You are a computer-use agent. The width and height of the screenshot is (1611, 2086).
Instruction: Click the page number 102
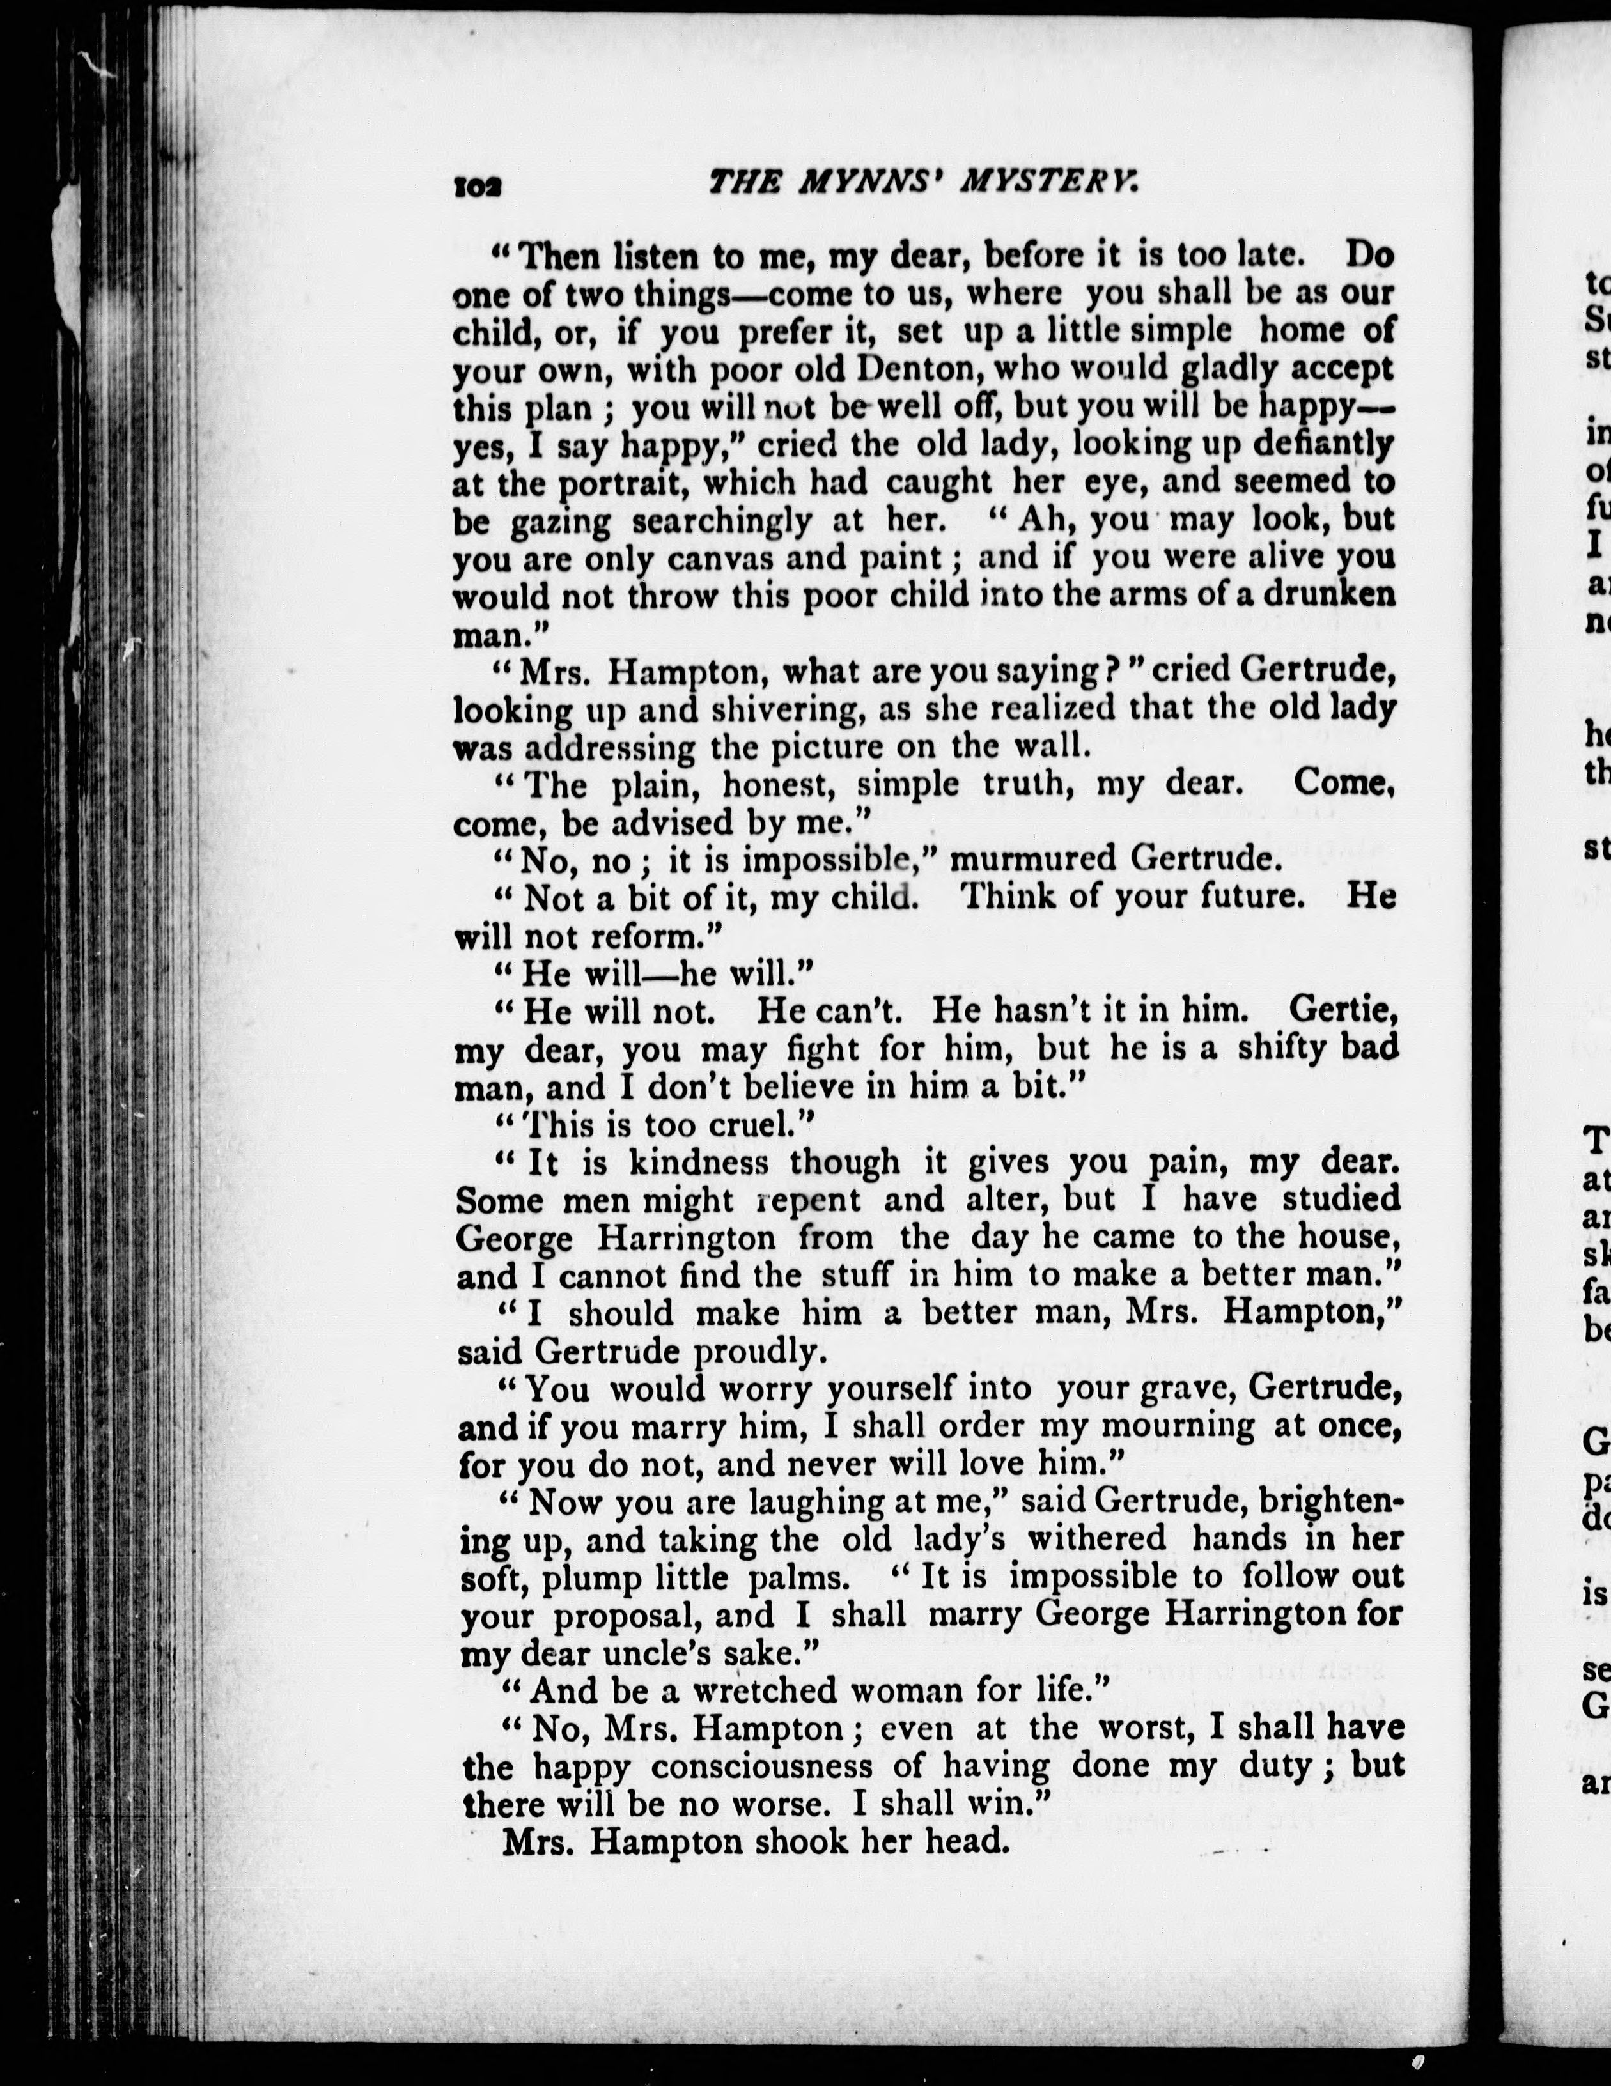[x=477, y=187]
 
